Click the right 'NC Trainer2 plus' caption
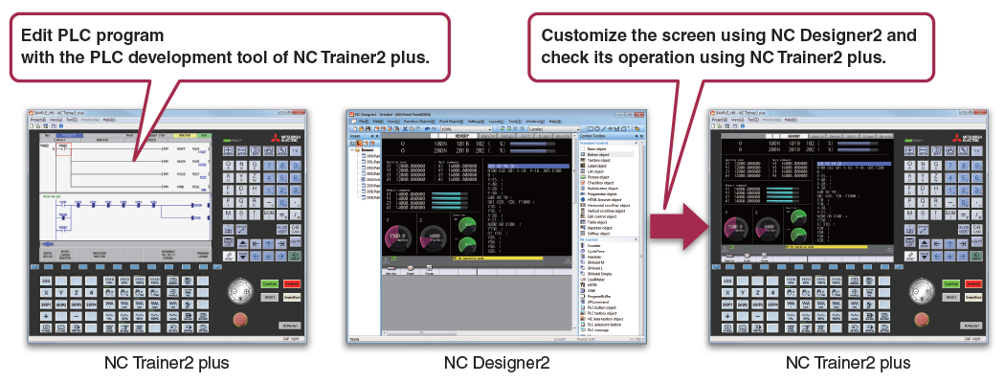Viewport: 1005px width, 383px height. click(848, 363)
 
